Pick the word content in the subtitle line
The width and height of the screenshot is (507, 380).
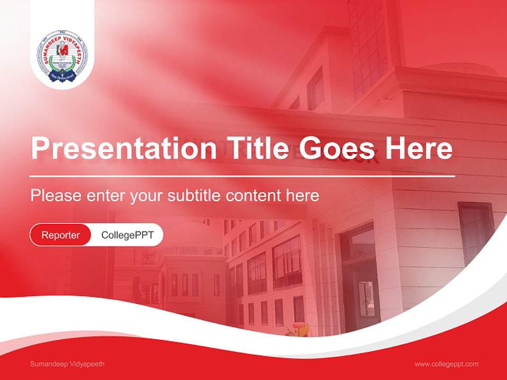point(254,196)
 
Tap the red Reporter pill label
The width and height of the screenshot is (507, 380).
point(61,235)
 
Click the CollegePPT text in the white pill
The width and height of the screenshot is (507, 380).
point(127,235)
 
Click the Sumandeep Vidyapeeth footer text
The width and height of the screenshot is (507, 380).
point(68,364)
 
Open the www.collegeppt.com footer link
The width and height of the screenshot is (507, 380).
point(446,364)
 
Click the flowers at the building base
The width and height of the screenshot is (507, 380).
point(297,330)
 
